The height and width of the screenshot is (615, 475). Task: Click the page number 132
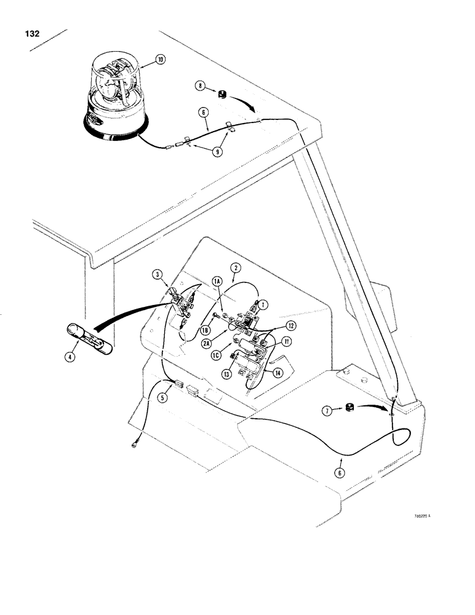coord(30,34)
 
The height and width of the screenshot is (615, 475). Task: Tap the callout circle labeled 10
coord(160,60)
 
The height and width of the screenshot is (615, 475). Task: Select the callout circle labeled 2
coord(234,268)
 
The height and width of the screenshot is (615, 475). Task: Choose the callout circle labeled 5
coord(163,397)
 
